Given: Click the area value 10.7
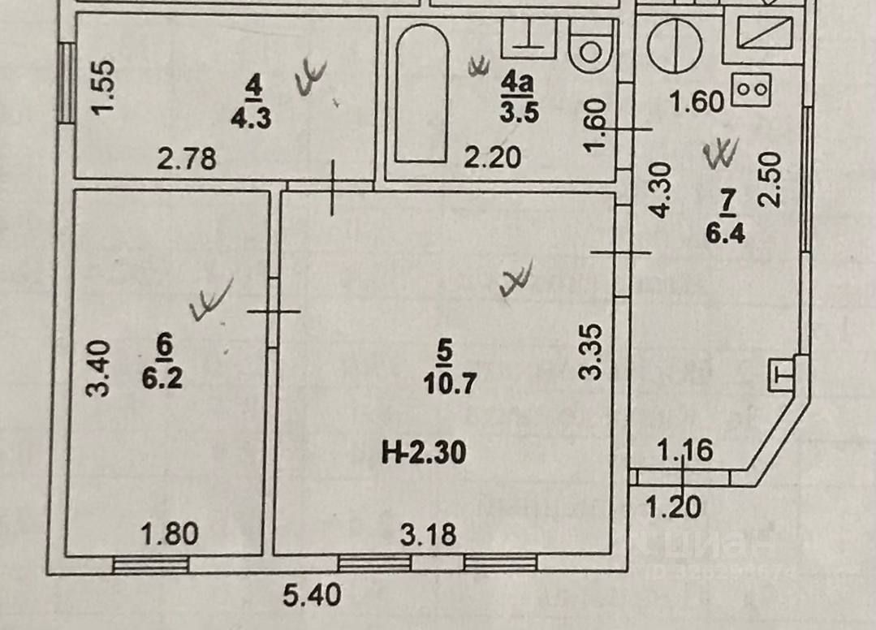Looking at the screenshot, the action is (x=444, y=382).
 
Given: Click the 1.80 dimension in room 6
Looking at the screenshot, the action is (x=170, y=535).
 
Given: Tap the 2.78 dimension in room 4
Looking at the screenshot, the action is (x=187, y=158).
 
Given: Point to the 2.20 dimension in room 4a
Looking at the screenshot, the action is (x=492, y=157).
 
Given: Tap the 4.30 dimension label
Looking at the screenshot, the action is (x=662, y=190).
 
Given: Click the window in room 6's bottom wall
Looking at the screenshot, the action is (x=150, y=565).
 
